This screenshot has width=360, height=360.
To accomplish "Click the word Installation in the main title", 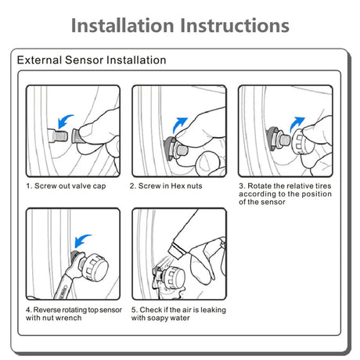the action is tap(123, 26).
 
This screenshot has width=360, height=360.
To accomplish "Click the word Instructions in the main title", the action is tap(235, 26).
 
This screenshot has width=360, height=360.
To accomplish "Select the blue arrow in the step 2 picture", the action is tap(179, 124).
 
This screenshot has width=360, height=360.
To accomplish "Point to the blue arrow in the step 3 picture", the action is tap(297, 124).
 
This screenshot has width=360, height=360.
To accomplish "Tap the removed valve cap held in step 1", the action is tap(77, 135).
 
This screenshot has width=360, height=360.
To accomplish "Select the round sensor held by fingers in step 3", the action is tap(299, 143).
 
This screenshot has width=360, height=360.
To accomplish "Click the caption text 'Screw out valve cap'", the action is tap(70, 186).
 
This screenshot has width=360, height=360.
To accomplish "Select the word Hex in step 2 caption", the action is tap(178, 186).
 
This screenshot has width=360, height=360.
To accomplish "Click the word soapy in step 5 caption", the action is tap(158, 319).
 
